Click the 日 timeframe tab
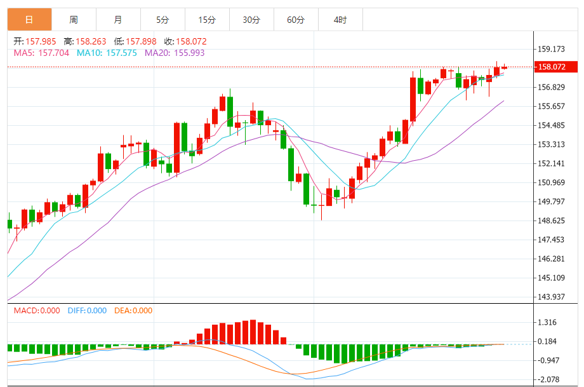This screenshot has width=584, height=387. [29, 20]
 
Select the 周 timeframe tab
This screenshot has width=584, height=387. [74, 20]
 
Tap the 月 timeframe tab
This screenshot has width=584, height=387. [118, 20]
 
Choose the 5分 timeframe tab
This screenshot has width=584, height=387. [163, 20]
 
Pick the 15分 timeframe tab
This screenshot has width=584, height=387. [207, 20]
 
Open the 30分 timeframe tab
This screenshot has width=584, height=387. [251, 20]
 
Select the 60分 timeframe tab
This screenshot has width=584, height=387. [296, 20]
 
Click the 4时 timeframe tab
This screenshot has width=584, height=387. [340, 20]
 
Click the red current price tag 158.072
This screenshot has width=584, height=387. [556, 67]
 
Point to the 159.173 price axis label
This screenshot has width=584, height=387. [551, 49]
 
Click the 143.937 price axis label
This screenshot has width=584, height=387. [551, 297]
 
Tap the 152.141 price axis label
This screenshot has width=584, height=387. [551, 163]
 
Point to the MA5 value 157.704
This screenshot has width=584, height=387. [53, 53]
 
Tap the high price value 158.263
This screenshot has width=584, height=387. [91, 41]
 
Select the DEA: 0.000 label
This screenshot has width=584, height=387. [133, 311]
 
